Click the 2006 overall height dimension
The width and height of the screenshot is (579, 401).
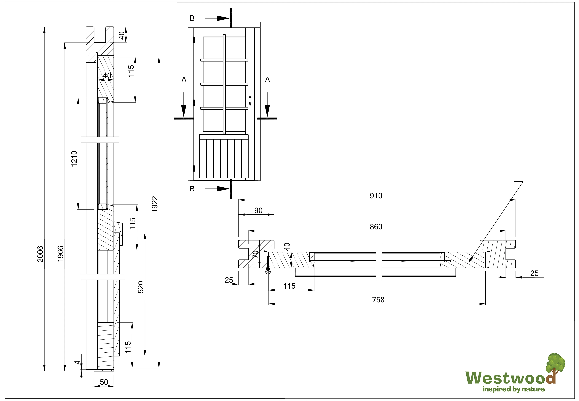(40, 254)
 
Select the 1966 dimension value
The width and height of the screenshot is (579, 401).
(61, 254)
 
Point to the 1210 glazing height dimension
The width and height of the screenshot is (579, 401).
(74, 158)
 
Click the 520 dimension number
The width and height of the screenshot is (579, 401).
(141, 287)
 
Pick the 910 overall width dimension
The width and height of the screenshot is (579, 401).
(376, 196)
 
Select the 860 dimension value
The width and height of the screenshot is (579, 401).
(376, 227)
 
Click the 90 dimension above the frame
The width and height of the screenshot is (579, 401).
(258, 211)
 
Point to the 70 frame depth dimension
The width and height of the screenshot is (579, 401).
(255, 254)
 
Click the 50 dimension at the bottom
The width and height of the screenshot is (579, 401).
(104, 382)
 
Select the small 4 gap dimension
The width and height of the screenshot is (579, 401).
(77, 362)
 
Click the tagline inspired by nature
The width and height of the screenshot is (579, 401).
(514, 389)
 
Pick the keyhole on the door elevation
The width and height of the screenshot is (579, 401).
(250, 103)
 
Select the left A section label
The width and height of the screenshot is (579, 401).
(184, 80)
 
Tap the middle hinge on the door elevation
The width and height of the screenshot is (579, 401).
(194, 103)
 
